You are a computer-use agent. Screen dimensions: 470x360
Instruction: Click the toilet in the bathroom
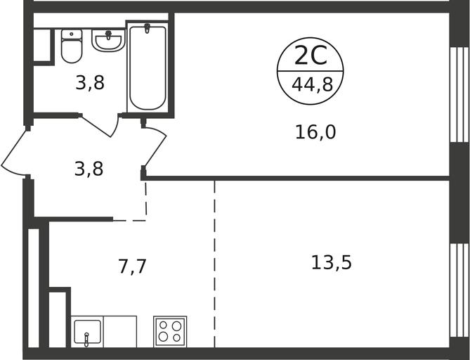click(72, 46)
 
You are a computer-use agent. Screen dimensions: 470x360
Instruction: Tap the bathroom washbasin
click(108, 40)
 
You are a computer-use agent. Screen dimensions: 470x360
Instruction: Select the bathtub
click(147, 67)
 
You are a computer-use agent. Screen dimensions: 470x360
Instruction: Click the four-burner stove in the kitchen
click(170, 331)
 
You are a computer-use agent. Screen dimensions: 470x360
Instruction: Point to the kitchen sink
click(87, 332)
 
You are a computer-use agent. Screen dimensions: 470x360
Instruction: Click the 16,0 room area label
click(315, 132)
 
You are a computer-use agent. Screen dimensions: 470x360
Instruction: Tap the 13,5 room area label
click(331, 262)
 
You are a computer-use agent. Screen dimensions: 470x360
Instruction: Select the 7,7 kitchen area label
click(132, 266)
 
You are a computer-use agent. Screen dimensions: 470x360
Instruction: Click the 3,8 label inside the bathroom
click(90, 82)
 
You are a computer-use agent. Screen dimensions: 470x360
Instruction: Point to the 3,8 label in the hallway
click(89, 169)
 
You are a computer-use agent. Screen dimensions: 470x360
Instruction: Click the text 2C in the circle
click(311, 56)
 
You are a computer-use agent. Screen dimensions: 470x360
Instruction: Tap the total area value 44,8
click(313, 84)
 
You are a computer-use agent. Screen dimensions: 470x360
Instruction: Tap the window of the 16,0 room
click(459, 95)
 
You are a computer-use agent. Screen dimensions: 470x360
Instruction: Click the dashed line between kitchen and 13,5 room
click(214, 264)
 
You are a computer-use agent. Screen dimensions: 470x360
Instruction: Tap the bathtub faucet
click(147, 28)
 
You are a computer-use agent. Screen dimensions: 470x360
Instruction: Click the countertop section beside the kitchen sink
click(120, 331)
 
